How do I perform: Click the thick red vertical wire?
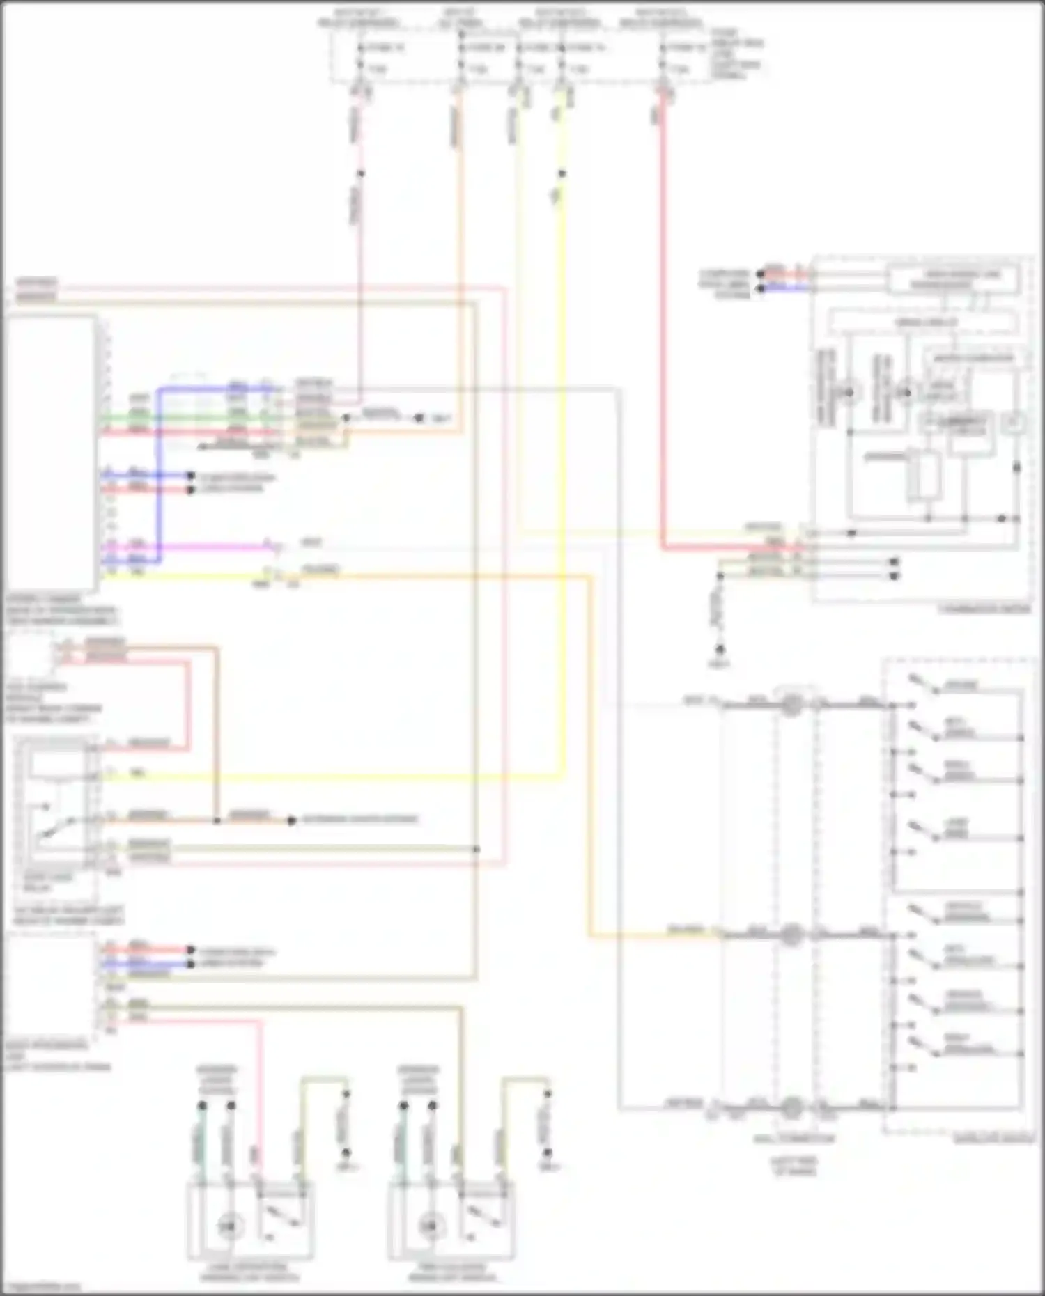663,313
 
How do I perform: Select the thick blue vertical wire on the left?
159,474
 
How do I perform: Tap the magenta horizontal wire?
188,546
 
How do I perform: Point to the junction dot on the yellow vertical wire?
562,173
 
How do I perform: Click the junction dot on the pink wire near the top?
360,173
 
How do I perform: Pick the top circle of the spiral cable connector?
791,705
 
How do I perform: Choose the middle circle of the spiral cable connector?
791,934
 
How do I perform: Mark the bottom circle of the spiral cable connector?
791,1107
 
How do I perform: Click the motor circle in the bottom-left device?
229,1226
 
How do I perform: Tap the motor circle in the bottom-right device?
431,1226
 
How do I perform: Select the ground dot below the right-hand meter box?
720,650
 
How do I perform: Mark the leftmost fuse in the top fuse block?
360,58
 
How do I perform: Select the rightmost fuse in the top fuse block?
663,58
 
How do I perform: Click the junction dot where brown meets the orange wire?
217,820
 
